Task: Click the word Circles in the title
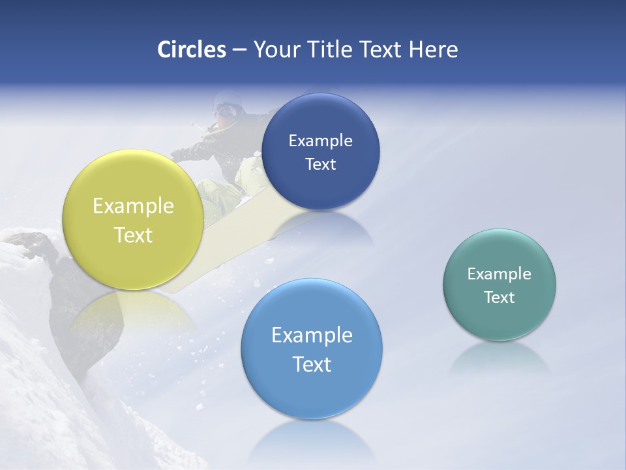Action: pos(192,50)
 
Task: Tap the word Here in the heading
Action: pos(434,50)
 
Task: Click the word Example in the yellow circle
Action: pos(133,207)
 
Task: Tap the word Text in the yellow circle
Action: pos(133,235)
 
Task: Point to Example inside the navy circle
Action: pos(320,141)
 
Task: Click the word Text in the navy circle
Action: pos(320,164)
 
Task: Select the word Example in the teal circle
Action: pos(499,274)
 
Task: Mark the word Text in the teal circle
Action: pos(499,298)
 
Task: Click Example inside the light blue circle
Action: pos(312,336)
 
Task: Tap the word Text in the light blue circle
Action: pos(312,364)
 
